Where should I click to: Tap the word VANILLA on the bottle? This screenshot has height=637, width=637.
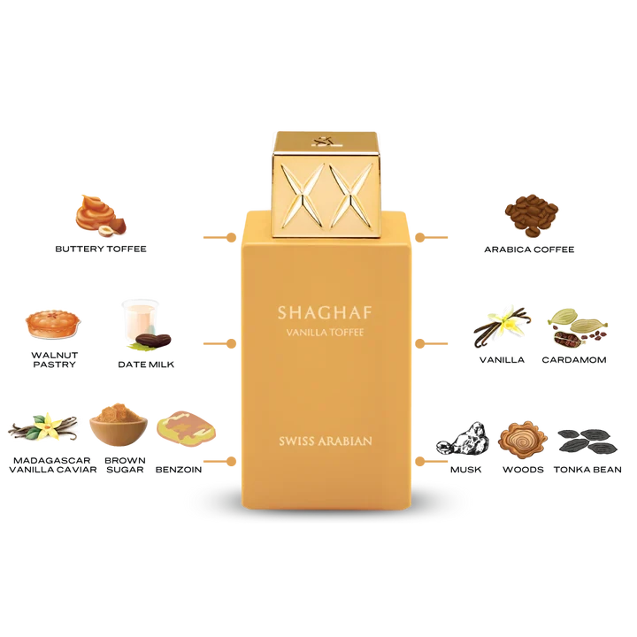(x=302, y=332)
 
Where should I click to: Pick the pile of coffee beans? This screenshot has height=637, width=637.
(x=533, y=214)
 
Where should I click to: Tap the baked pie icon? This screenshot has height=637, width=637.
(x=48, y=325)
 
